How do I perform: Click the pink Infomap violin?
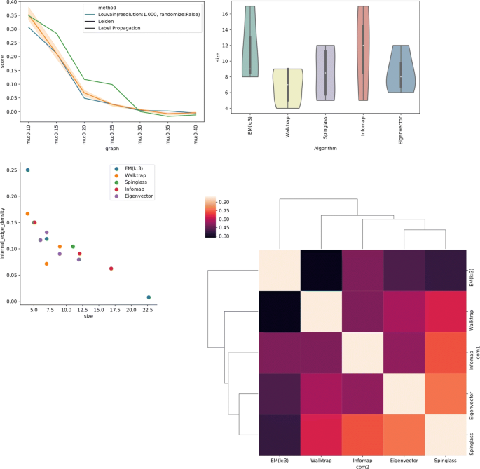[x=362, y=53]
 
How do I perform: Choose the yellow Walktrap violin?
[x=288, y=88]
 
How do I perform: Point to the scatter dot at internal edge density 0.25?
[x=27, y=170]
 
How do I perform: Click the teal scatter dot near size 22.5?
[x=149, y=297]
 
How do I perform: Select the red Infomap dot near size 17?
[x=111, y=269]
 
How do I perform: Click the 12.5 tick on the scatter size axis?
[x=81, y=309]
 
